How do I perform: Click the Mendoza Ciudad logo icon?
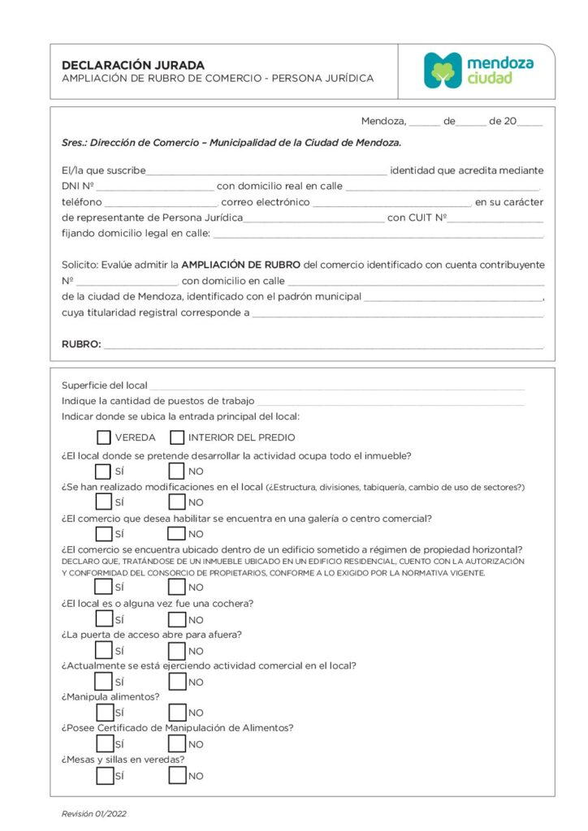pyautogui.click(x=443, y=71)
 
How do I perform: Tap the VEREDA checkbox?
pyautogui.click(x=104, y=437)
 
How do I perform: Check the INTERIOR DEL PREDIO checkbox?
pyautogui.click(x=177, y=437)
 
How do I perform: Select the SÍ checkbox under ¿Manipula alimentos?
pyautogui.click(x=104, y=713)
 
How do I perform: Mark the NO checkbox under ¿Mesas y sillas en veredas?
pyautogui.click(x=177, y=775)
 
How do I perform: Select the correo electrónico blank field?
pyautogui.click(x=391, y=203)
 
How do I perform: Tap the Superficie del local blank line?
pyautogui.click(x=336, y=386)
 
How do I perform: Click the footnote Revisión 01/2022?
pyautogui.click(x=94, y=813)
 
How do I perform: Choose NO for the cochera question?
pyautogui.click(x=177, y=619)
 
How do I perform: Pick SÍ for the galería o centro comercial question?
pyautogui.click(x=104, y=533)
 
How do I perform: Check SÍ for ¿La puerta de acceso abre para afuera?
pyautogui.click(x=104, y=650)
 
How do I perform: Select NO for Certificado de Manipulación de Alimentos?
pyautogui.click(x=177, y=743)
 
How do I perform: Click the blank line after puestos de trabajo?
pyautogui.click(x=390, y=402)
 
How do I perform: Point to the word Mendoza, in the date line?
pyautogui.click(x=383, y=121)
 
